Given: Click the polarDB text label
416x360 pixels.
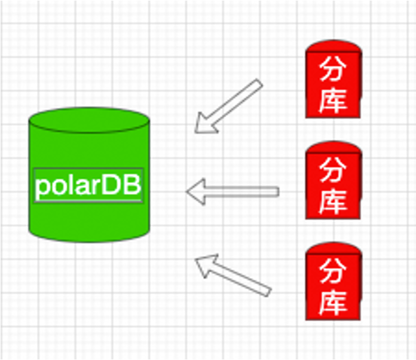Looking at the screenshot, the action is coord(88,185).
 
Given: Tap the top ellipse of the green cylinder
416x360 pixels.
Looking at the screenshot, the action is coord(89,120).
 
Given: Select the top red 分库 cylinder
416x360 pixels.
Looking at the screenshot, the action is coord(334,79).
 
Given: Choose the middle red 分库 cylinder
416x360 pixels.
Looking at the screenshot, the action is coord(334,180).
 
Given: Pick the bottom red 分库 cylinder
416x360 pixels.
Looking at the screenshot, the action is coord(334,281).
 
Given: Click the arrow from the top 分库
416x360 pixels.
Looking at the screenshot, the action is coord(228,106).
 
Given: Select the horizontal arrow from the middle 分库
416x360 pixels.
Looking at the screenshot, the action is coord(233,192).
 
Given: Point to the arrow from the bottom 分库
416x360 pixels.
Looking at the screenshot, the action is coord(233,275).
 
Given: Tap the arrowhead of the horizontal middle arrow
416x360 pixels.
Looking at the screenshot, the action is coord(196,192).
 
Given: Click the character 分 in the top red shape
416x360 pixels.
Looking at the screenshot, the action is coord(333,69).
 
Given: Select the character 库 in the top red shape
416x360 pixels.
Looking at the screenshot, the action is coord(333,100).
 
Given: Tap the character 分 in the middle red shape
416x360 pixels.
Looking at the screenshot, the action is coord(333,170).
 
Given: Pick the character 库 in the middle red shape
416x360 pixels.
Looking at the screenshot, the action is coord(333,202).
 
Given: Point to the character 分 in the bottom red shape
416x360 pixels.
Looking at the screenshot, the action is coord(333,271).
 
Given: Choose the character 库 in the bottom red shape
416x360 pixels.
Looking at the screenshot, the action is coord(333,303).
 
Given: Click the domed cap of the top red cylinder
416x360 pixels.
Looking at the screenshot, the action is coord(334,46).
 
